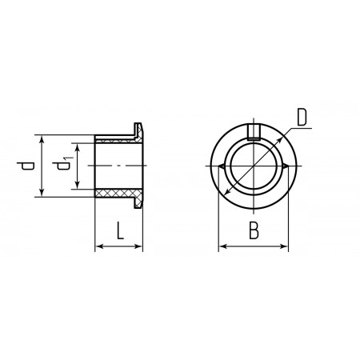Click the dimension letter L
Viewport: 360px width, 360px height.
click(120, 230)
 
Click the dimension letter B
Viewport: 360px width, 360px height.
click(254, 230)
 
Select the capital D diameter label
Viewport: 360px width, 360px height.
click(302, 117)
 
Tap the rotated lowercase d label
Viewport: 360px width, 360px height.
click(26, 166)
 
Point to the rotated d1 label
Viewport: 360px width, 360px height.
click(62, 164)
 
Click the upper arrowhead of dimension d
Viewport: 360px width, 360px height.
click(42, 138)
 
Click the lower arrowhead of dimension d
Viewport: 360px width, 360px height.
click(42, 193)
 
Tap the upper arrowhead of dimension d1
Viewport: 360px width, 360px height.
click(78, 147)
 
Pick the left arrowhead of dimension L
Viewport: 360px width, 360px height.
click(99, 246)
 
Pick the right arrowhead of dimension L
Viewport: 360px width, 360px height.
click(139, 246)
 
